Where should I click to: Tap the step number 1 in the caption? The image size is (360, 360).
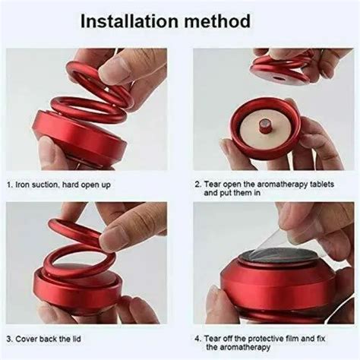pyautogui.click(x=9, y=183)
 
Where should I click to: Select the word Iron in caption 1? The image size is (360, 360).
pyautogui.click(x=24, y=183)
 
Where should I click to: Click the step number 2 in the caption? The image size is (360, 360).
pyautogui.click(x=197, y=183)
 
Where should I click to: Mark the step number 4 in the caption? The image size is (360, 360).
pyautogui.click(x=197, y=337)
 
